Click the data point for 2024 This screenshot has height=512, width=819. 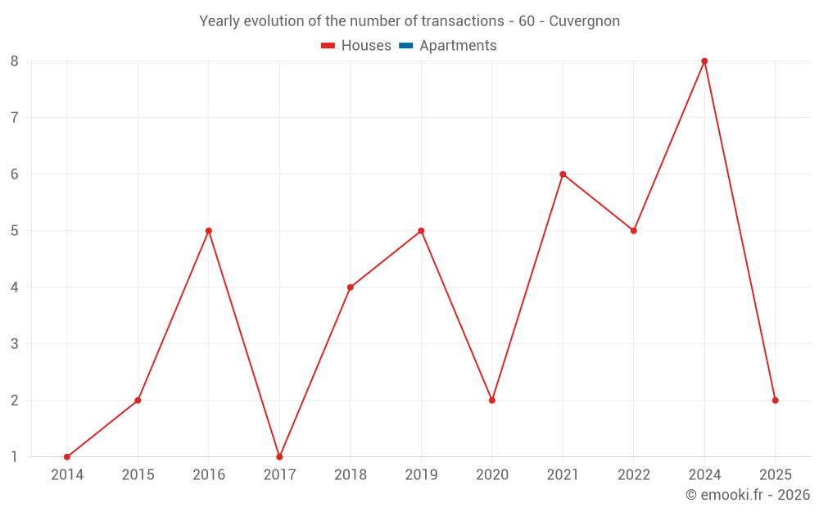point(704,61)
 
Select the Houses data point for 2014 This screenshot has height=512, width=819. point(67,457)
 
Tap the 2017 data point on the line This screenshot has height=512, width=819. point(279,457)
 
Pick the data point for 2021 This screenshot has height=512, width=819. point(563,174)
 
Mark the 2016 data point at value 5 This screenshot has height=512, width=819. point(209,231)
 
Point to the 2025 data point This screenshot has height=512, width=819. point(775,401)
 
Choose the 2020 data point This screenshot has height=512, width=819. point(492,401)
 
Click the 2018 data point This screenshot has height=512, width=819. point(351,288)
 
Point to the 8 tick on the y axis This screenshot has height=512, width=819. point(15,61)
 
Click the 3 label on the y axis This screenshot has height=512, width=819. point(15,344)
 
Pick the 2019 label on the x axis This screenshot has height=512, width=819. point(421,475)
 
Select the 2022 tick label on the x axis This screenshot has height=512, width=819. point(634,475)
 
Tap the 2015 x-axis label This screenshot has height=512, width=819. point(138,475)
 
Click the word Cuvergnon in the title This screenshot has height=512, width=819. point(584,21)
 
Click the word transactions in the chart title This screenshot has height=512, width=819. point(461,21)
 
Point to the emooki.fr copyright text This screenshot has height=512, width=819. point(748,495)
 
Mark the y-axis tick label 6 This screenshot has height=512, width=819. point(15,174)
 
